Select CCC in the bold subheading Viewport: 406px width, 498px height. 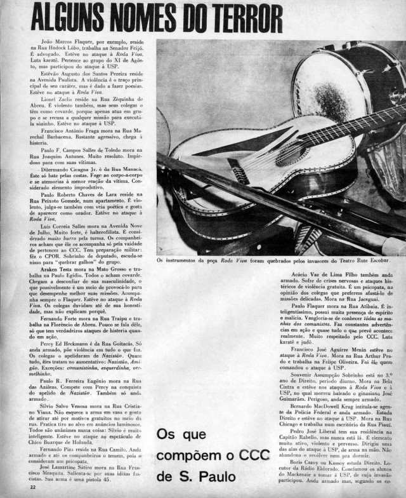tap(250, 456)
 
